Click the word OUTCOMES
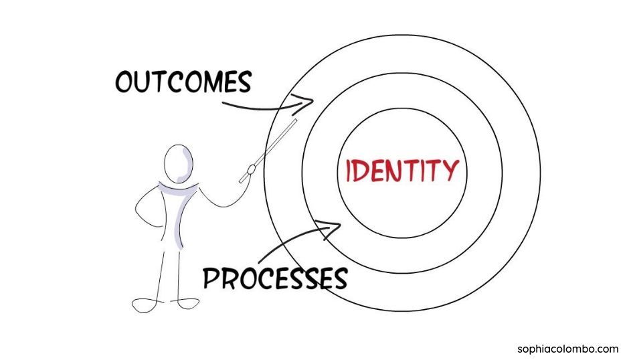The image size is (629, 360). click(x=183, y=82)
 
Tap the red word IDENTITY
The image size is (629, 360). click(x=402, y=171)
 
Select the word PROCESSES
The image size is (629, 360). click(x=275, y=277)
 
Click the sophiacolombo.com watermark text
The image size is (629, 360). click(x=567, y=349)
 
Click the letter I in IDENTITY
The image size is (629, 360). click(x=349, y=171)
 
